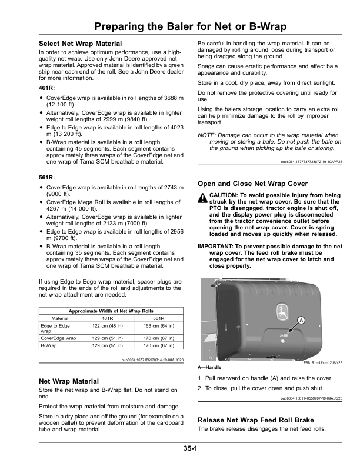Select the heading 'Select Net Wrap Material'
point(80,44)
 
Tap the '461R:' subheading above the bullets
point(47,88)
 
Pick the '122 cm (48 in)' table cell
point(91,325)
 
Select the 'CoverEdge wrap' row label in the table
point(57,338)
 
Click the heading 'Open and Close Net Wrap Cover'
point(253,184)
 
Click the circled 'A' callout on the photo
point(301,320)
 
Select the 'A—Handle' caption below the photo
point(209,367)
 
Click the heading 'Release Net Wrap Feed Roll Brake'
point(255,420)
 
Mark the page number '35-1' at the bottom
point(189,448)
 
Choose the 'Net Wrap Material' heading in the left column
point(68,381)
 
